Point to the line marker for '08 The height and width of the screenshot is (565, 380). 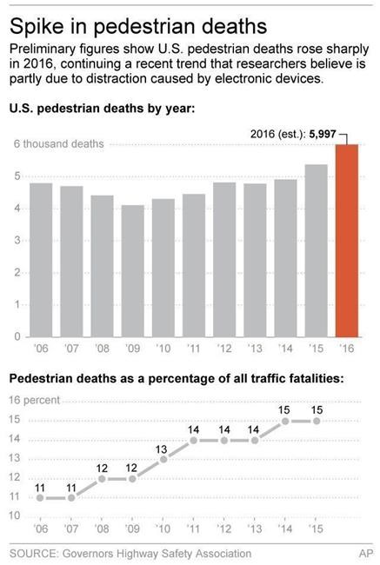coord(102,478)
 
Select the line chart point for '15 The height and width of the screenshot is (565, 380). coord(316,421)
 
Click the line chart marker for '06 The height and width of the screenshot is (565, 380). coord(41,497)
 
